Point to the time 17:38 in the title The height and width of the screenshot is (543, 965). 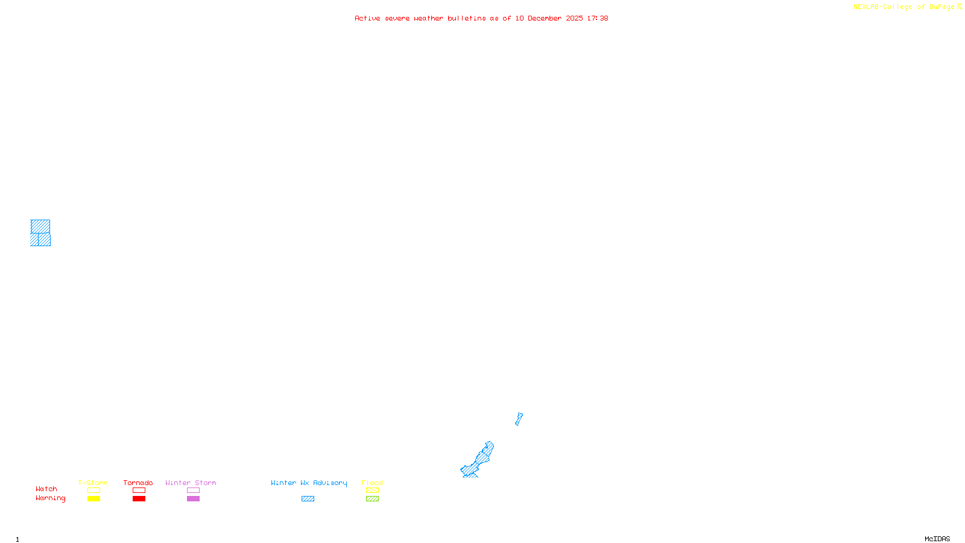(597, 18)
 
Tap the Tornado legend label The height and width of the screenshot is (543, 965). (138, 483)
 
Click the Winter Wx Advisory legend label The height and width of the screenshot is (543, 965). (309, 483)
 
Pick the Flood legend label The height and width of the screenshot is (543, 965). (372, 483)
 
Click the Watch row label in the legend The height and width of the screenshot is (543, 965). (46, 489)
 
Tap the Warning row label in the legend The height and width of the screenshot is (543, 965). (50, 498)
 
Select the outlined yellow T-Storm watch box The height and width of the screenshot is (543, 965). (93, 491)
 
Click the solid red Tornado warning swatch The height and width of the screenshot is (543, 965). (139, 499)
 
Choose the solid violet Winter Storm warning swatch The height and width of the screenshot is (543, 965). (193, 499)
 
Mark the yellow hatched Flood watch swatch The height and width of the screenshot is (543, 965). (372, 491)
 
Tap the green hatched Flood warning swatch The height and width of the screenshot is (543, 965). (372, 499)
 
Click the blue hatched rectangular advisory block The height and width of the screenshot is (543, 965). (40, 233)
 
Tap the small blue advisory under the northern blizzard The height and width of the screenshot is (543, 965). (519, 418)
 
